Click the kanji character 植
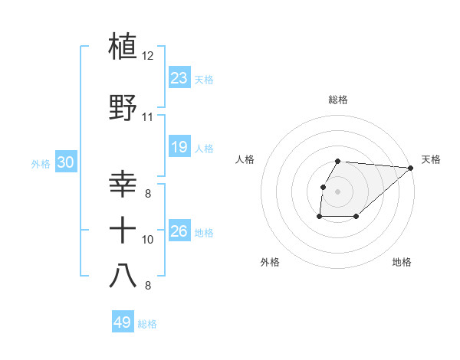point(123,46)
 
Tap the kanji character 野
point(123,107)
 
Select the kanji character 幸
point(123,185)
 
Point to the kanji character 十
point(123,229)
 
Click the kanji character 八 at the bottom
point(123,275)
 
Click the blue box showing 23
point(179,78)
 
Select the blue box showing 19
point(179,147)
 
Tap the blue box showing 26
point(179,231)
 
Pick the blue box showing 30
point(65,162)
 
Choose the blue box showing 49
point(123,322)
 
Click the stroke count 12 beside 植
point(148,56)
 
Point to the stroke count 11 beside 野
point(148,117)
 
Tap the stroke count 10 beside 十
point(148,240)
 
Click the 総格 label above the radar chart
point(338,100)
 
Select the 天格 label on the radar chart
point(431,159)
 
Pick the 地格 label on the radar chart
point(402,262)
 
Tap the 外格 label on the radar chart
point(270,262)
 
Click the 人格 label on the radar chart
point(245,159)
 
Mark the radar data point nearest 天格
point(411,168)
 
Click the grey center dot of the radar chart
point(338,191)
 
